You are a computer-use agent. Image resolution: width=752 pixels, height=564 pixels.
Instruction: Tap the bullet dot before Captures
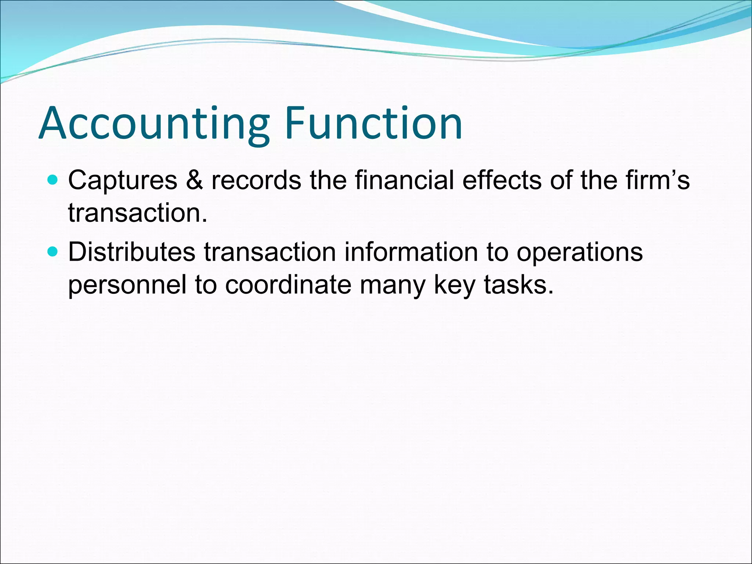53,180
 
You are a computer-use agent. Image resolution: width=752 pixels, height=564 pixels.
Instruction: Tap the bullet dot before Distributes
53,252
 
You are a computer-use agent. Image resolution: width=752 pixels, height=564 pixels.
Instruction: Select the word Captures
123,181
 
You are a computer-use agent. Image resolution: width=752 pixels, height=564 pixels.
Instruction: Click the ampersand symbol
194,181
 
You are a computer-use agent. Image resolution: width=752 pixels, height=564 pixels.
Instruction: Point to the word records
256,181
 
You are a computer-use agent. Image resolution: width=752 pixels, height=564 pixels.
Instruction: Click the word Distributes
131,253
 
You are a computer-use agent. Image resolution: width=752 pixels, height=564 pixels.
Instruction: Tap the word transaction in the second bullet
270,253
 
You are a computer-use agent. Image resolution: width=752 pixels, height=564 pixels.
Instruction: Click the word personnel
127,285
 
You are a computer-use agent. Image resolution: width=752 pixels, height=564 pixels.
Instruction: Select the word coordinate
288,285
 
